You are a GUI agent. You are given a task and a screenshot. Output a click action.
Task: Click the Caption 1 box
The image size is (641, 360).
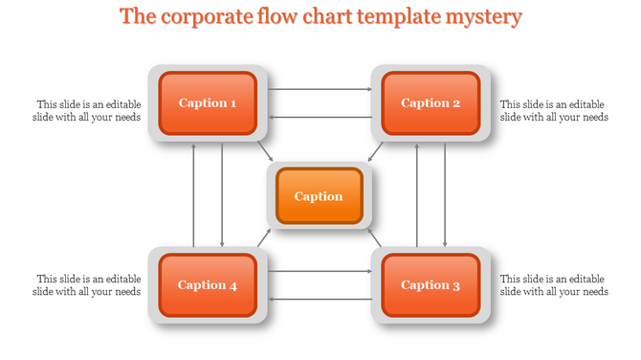(208, 102)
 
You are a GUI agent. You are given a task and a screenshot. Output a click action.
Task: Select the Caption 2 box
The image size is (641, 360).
(431, 102)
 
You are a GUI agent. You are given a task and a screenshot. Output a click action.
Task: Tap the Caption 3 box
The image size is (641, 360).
(431, 284)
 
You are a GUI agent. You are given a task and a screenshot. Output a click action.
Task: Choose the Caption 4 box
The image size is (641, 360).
(208, 284)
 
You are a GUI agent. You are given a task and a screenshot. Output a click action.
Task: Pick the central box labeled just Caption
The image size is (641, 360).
(319, 196)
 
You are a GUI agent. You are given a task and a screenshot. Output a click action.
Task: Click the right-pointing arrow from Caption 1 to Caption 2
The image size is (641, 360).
(320, 89)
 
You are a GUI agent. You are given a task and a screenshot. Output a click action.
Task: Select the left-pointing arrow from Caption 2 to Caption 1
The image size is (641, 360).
(320, 117)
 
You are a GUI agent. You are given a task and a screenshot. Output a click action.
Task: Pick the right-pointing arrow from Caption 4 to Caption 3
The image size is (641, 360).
(320, 271)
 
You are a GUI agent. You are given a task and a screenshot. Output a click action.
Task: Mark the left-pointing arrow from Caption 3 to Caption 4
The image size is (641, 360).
(320, 299)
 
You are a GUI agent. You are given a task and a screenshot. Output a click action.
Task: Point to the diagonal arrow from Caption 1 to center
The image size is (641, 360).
(265, 151)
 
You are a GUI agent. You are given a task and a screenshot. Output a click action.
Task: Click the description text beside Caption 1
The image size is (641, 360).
(89, 111)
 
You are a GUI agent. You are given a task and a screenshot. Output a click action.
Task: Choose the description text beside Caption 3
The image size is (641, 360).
(554, 284)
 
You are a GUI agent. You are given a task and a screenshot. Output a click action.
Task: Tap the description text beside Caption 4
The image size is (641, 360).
(89, 284)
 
